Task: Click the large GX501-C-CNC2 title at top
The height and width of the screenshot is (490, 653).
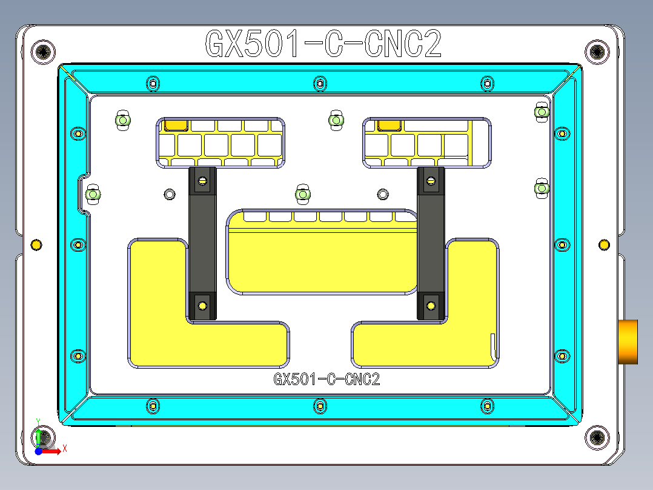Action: tap(323, 44)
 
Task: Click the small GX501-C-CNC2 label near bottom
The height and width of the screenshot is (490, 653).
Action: tap(326, 380)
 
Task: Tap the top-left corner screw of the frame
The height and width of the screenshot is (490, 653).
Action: tap(45, 52)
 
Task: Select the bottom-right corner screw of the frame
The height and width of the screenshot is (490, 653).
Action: tap(597, 437)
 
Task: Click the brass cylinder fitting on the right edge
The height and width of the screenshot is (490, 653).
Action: tap(628, 341)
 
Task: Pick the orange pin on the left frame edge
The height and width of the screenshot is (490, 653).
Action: tap(36, 244)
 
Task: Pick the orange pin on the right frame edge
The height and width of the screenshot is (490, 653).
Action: tap(604, 244)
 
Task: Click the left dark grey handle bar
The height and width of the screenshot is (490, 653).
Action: tap(202, 243)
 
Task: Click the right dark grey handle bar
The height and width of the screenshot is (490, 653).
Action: tap(431, 243)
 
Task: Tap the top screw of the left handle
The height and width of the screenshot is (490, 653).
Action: tap(202, 180)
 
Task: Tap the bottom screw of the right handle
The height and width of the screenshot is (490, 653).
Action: tap(431, 305)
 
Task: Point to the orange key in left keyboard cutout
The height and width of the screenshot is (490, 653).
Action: tap(176, 125)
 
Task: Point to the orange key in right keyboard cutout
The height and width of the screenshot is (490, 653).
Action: tap(388, 125)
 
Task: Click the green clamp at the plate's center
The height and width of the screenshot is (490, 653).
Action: tap(302, 194)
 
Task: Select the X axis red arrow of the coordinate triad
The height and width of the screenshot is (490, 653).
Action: tap(55, 451)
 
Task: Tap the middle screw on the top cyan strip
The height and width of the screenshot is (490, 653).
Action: tap(320, 82)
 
